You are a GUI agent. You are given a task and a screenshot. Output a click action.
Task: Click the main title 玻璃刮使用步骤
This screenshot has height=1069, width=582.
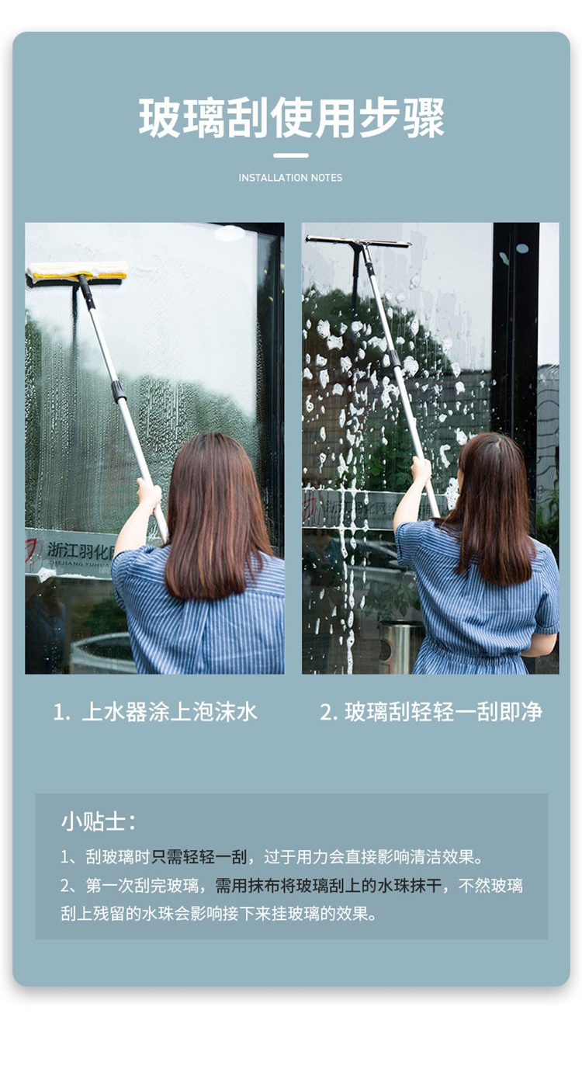tap(292, 117)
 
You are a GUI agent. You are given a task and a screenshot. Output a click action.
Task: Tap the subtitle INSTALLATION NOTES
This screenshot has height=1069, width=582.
tap(290, 178)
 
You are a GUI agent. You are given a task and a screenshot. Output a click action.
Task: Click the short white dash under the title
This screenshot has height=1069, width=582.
tap(291, 155)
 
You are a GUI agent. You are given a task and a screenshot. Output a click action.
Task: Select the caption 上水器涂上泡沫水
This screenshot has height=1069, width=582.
tap(169, 712)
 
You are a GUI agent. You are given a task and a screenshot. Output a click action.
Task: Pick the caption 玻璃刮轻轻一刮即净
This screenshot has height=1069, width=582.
tap(444, 712)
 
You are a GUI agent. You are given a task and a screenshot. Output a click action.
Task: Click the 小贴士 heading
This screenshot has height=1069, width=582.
tap(98, 822)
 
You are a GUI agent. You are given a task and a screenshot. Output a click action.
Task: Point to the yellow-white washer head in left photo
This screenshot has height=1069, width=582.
tap(78, 271)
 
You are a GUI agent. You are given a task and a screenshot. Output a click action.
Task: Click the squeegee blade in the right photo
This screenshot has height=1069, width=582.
tap(358, 241)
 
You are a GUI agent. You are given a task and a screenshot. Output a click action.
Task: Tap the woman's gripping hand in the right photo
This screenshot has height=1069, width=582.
tap(421, 469)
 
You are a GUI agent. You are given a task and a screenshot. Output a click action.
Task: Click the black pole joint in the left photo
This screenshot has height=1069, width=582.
tap(118, 390)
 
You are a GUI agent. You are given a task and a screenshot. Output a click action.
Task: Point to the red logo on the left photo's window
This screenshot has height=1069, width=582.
tap(33, 550)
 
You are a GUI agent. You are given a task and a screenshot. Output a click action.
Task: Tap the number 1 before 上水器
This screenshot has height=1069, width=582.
tap(61, 713)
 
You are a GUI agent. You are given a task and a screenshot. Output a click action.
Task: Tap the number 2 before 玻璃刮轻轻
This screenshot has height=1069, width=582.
tap(328, 713)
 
